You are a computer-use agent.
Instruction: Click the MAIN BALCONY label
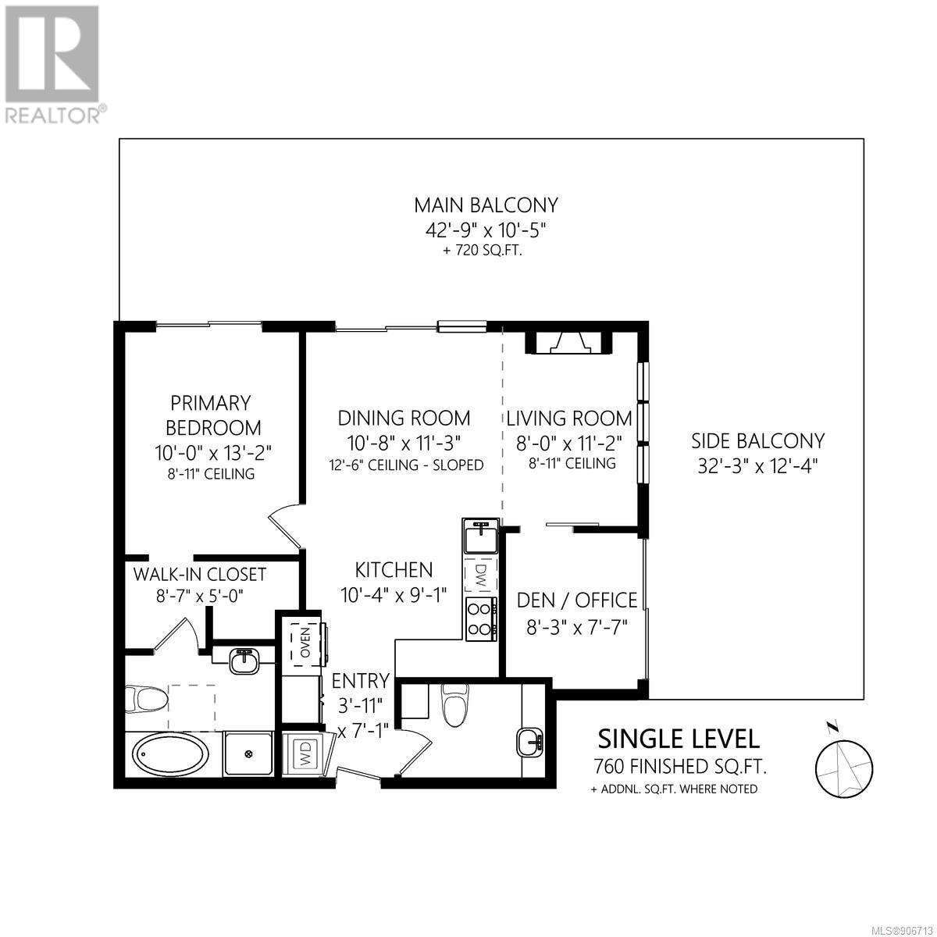pos(486,205)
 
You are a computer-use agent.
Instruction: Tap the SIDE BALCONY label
pos(758,441)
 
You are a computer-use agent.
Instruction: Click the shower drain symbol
pos(249,754)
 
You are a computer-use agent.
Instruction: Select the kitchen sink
pos(481,536)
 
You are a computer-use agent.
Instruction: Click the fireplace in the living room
pos(568,343)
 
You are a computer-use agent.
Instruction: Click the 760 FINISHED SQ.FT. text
pos(680,768)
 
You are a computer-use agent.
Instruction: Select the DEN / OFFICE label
pos(577,600)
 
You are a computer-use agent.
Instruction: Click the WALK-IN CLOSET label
pos(199,574)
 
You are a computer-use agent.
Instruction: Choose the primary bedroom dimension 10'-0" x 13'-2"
pos(213,453)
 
